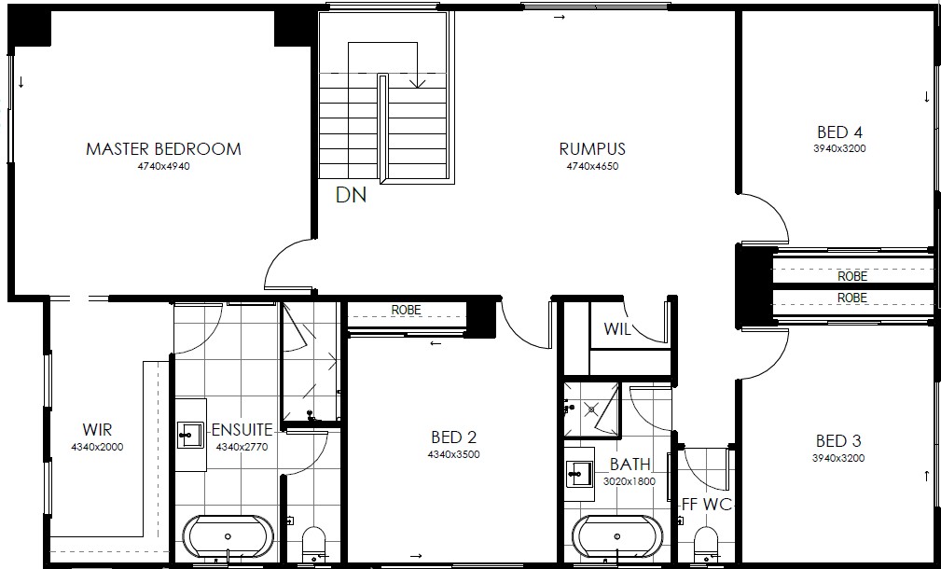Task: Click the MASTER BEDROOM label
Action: tap(163, 149)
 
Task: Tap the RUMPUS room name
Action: tap(592, 149)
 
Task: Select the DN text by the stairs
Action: tap(351, 195)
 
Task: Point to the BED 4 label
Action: tap(839, 132)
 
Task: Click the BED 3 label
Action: tap(838, 441)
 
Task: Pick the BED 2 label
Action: tap(453, 437)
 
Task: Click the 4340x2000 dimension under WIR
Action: tap(97, 447)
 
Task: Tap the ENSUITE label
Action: tap(242, 430)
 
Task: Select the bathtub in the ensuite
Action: tap(228, 536)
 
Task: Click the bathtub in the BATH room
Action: tap(617, 536)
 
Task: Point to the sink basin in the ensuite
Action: tap(191, 435)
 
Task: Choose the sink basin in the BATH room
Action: tap(580, 474)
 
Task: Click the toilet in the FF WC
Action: tap(706, 544)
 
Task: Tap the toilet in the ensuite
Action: tap(313, 544)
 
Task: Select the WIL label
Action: tap(617, 329)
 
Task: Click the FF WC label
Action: tap(707, 505)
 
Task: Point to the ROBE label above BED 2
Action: tap(407, 311)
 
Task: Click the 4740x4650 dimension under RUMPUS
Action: tap(592, 166)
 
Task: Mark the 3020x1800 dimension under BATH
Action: tap(630, 481)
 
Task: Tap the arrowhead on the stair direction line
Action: tap(417, 84)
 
